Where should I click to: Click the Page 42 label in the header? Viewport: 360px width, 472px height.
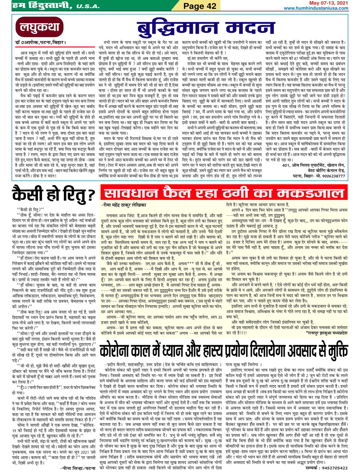(200, 6)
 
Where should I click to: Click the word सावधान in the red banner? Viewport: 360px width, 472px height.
(133, 193)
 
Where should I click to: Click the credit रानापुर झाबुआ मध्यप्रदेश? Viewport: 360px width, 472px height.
(327, 333)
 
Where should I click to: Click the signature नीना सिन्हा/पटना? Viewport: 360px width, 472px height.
(77, 468)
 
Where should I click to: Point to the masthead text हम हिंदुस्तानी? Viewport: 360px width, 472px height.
(41, 6)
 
